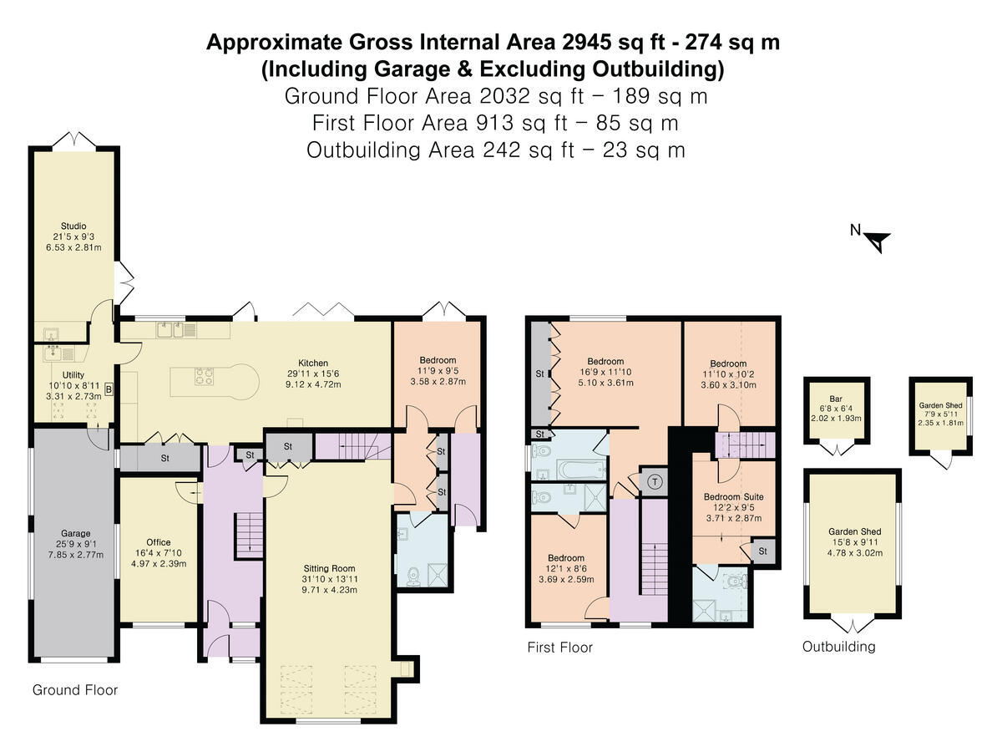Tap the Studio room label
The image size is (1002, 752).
(x=73, y=225)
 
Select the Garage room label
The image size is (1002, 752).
(x=74, y=532)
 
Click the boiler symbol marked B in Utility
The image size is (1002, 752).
(x=109, y=389)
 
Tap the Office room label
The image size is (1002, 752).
(x=159, y=542)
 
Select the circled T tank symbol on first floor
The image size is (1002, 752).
(x=655, y=481)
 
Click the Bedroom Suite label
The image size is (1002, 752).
(x=732, y=496)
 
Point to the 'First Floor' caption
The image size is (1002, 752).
(x=559, y=648)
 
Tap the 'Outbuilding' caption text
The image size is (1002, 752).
(x=838, y=647)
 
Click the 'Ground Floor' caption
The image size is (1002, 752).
(x=75, y=690)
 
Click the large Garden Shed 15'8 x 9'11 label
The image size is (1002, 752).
(x=854, y=531)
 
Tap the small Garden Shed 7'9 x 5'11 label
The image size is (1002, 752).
(x=941, y=404)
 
